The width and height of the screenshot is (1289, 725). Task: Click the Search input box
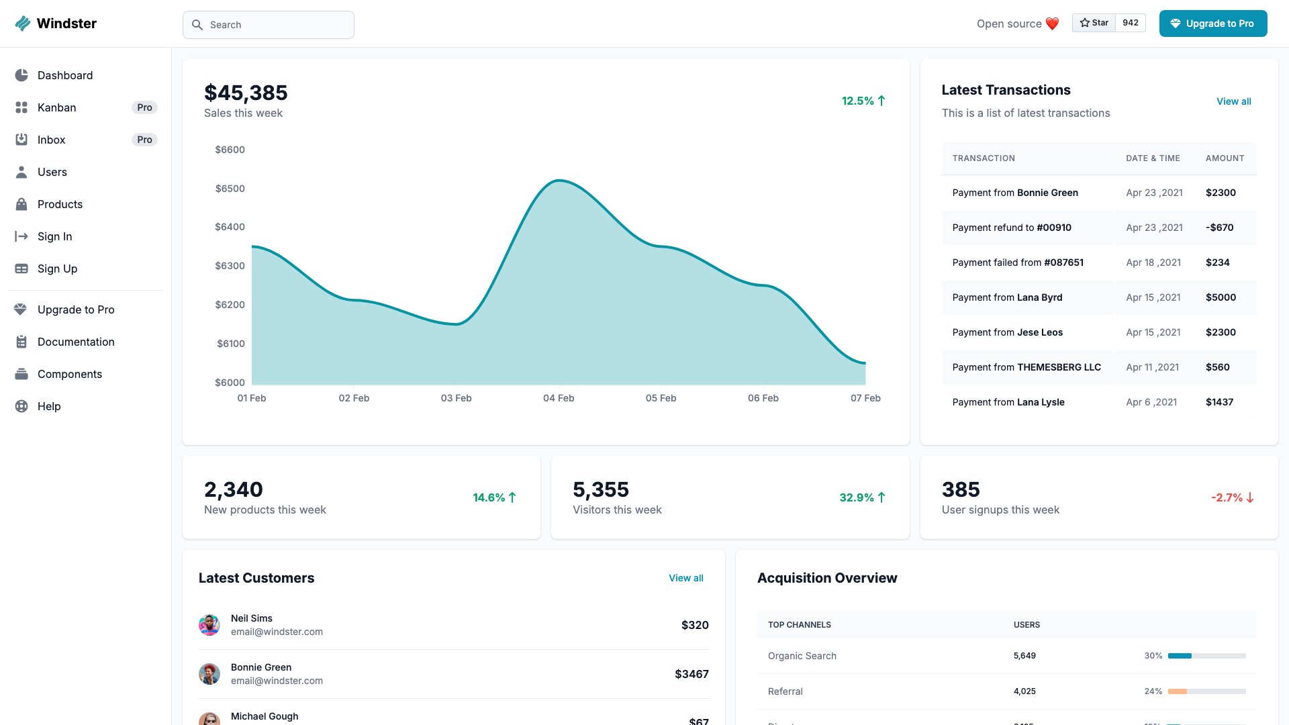tap(269, 25)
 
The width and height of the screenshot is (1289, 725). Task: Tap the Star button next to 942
tap(1094, 23)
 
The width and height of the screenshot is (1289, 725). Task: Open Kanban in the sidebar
tap(57, 107)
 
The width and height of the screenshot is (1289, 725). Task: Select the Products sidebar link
tap(60, 204)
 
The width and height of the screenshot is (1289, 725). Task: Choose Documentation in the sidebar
tap(76, 342)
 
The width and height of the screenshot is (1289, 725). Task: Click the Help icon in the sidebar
tap(21, 406)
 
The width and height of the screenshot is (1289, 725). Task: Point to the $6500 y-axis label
tap(230, 189)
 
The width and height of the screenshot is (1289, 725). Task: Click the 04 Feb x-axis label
tap(559, 398)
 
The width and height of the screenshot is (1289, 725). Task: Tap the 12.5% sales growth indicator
tap(863, 101)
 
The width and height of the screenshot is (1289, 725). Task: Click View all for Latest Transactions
tap(1233, 101)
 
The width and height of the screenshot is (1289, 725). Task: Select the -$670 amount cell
tap(1219, 228)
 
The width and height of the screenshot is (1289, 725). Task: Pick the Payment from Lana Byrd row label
tap(1007, 297)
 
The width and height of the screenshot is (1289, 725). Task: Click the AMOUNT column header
tap(1225, 158)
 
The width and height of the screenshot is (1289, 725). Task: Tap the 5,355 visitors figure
tap(600, 489)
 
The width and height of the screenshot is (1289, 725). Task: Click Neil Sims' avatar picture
tap(209, 625)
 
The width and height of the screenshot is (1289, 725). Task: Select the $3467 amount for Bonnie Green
tap(691, 674)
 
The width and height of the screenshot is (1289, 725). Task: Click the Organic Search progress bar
tap(1206, 656)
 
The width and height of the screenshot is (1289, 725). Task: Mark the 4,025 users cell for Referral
tap(1024, 691)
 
